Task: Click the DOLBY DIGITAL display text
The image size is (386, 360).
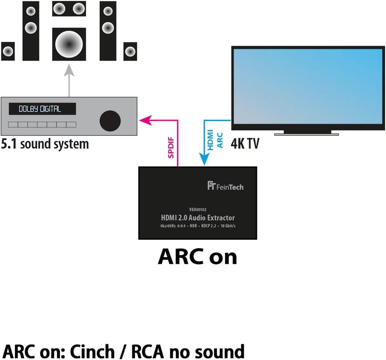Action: click(x=40, y=109)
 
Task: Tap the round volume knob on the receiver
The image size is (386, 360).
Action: click(x=110, y=120)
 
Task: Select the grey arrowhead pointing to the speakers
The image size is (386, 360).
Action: click(x=69, y=72)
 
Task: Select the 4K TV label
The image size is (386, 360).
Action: click(x=245, y=144)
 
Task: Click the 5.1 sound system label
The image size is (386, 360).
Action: click(x=45, y=144)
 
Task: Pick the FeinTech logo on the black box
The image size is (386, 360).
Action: click(x=225, y=186)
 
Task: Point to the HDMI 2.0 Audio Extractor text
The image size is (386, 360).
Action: click(x=197, y=218)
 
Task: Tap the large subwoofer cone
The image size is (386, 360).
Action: click(x=69, y=44)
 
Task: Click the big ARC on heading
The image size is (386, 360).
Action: click(x=197, y=256)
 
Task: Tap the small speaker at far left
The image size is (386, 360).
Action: click(x=8, y=51)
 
